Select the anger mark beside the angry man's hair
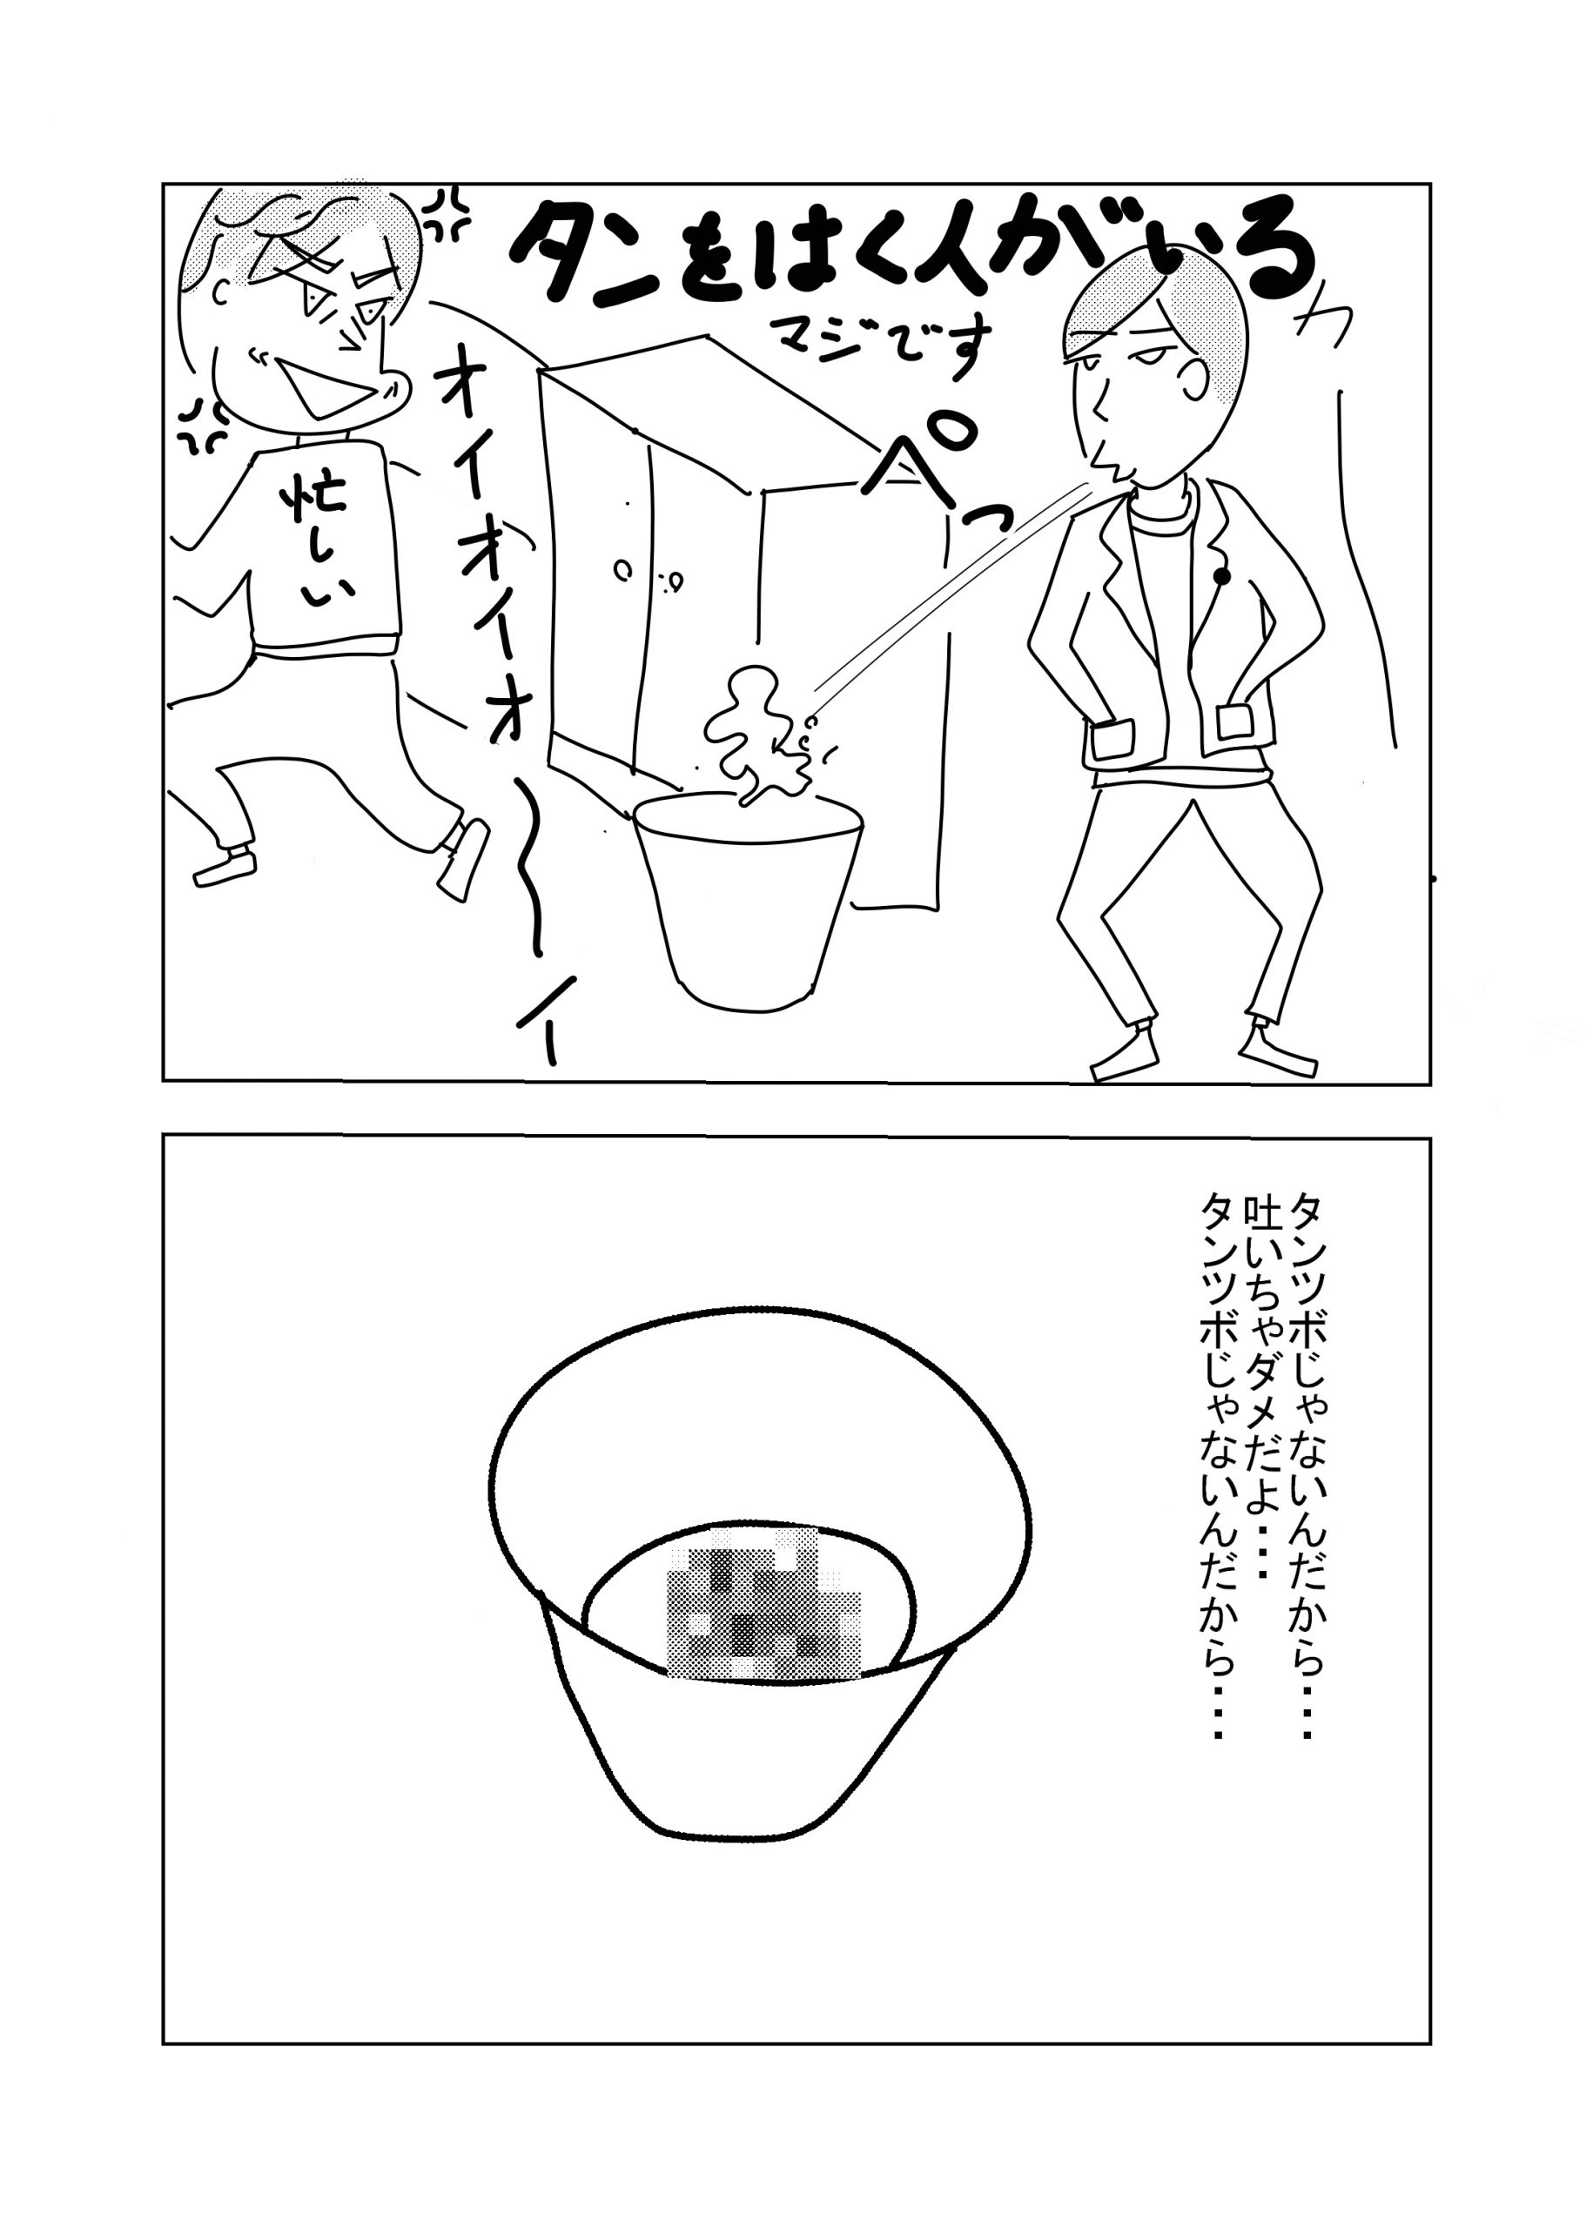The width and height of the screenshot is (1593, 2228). click(448, 215)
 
